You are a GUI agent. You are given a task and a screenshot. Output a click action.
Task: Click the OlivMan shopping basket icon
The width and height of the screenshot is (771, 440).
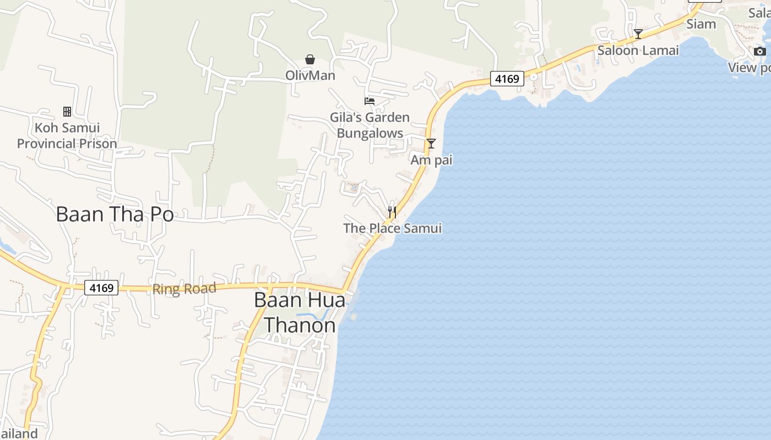(x=310, y=59)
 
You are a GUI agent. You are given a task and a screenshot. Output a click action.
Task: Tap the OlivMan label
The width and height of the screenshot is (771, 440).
(x=310, y=75)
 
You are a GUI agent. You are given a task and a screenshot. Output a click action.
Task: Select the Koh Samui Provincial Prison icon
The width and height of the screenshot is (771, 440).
(x=67, y=112)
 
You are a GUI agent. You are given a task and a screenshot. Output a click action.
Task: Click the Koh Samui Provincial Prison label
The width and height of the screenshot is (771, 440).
(x=67, y=136)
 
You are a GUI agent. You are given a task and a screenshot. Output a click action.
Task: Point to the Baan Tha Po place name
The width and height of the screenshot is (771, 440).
(x=115, y=214)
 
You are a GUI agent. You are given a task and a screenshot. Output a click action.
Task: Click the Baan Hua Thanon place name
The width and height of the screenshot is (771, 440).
(x=300, y=312)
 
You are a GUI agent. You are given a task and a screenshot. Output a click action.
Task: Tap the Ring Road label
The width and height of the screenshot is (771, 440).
(x=184, y=289)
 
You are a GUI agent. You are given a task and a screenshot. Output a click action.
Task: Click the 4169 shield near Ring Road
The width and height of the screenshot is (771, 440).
(x=102, y=288)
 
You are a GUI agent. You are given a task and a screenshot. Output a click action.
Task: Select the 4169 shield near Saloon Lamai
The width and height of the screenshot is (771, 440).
(x=507, y=79)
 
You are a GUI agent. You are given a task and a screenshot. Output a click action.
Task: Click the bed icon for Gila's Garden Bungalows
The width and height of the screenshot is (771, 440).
(x=370, y=101)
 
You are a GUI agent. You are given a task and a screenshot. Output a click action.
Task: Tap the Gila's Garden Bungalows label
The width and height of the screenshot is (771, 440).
(x=370, y=125)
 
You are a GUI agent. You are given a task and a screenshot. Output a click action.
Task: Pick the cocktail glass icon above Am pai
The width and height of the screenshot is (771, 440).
(x=431, y=144)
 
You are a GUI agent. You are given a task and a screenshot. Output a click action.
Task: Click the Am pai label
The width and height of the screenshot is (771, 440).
(x=431, y=160)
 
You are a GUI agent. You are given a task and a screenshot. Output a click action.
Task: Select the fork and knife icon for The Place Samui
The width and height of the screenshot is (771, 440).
(x=392, y=212)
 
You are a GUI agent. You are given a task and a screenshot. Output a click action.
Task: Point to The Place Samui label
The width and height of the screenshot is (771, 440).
(x=392, y=228)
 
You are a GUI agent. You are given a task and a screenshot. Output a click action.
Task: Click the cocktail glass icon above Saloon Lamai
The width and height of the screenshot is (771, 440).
(x=638, y=34)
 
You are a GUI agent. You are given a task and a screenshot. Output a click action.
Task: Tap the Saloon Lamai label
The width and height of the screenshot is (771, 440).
(x=638, y=51)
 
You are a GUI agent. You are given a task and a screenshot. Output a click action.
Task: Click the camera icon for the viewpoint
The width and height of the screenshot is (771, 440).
(x=760, y=51)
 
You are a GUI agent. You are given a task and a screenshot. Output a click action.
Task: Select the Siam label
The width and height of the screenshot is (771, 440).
(x=701, y=24)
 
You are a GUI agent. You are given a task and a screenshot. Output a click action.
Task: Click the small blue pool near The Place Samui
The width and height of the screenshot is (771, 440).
(x=354, y=189)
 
